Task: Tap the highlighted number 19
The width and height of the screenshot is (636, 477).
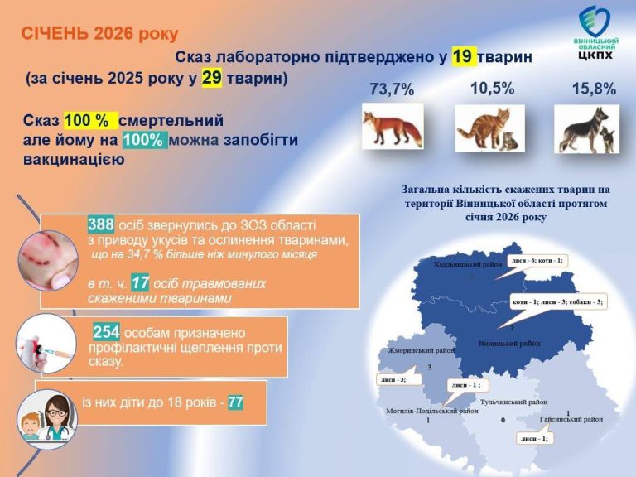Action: tap(463, 56)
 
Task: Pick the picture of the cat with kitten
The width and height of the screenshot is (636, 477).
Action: tap(488, 128)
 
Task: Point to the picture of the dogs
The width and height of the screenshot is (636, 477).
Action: tap(587, 128)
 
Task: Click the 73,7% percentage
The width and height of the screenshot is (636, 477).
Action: tap(392, 90)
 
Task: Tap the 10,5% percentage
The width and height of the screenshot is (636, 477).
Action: tap(492, 88)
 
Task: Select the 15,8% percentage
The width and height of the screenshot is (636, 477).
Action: tap(594, 89)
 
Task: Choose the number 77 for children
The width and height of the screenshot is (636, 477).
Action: tap(235, 403)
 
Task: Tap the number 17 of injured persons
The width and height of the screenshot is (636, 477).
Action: tap(140, 283)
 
